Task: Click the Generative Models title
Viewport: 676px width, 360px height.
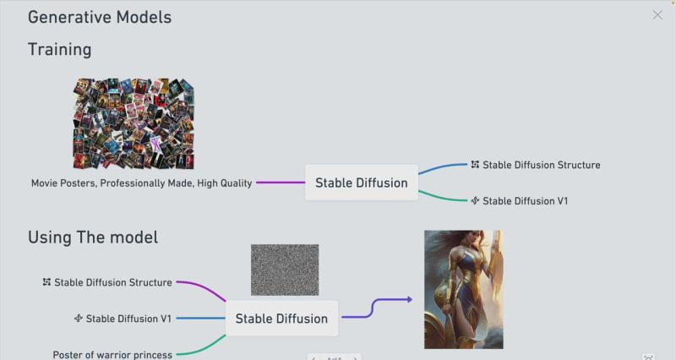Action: click(100, 17)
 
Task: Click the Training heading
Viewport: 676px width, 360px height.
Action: click(59, 49)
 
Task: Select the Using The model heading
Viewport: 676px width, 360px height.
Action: click(93, 237)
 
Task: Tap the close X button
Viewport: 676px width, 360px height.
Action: click(657, 14)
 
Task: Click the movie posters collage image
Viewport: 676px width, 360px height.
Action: click(134, 123)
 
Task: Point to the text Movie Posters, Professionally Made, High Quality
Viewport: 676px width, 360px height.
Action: click(141, 183)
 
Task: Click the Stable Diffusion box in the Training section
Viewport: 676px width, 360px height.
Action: click(362, 183)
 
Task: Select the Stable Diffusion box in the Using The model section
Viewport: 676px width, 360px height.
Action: click(281, 319)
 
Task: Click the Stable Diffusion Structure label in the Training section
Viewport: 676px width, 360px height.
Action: click(541, 165)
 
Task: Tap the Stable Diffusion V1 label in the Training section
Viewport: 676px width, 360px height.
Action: click(525, 201)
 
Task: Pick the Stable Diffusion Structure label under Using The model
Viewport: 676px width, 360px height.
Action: click(112, 282)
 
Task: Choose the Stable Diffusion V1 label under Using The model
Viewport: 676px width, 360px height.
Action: click(128, 319)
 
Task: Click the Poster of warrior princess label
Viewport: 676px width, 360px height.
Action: click(112, 355)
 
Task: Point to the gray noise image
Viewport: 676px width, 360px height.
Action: click(285, 270)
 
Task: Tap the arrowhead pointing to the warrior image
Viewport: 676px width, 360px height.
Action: click(409, 299)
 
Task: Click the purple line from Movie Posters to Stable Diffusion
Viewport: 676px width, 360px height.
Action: click(279, 183)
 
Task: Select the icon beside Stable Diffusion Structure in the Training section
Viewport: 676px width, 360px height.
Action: click(475, 165)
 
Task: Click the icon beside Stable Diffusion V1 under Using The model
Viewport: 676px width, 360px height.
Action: click(79, 319)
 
